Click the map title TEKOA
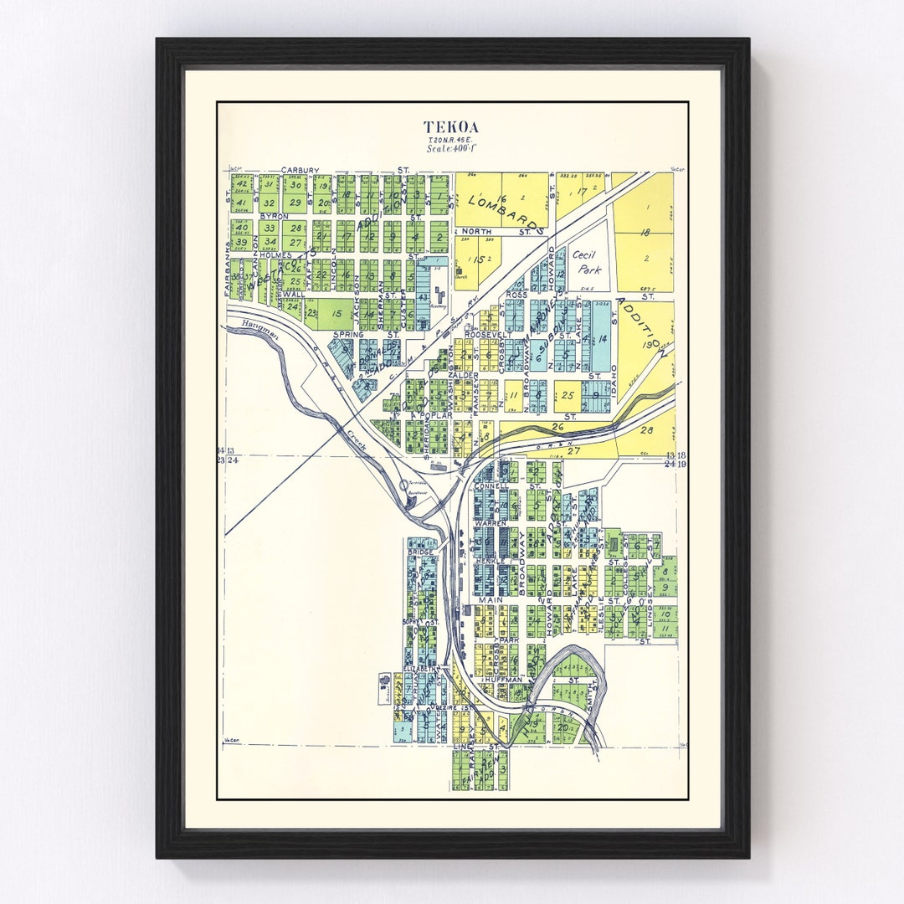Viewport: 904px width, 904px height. pyautogui.click(x=451, y=127)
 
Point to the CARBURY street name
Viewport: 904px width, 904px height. pyautogui.click(x=300, y=170)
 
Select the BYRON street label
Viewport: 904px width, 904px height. pyautogui.click(x=273, y=216)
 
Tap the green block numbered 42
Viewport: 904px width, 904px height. pyautogui.click(x=241, y=184)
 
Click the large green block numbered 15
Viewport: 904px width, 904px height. pyautogui.click(x=336, y=313)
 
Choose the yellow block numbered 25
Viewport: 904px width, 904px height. pyautogui.click(x=568, y=395)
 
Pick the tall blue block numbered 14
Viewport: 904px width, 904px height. pyautogui.click(x=602, y=339)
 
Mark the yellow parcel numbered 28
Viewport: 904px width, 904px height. pyautogui.click(x=645, y=431)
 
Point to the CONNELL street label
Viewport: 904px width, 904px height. pyautogui.click(x=491, y=486)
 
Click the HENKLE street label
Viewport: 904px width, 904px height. pyautogui.click(x=491, y=562)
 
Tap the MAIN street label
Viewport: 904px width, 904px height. pyautogui.click(x=490, y=600)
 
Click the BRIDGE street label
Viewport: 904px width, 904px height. pyautogui.click(x=418, y=552)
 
